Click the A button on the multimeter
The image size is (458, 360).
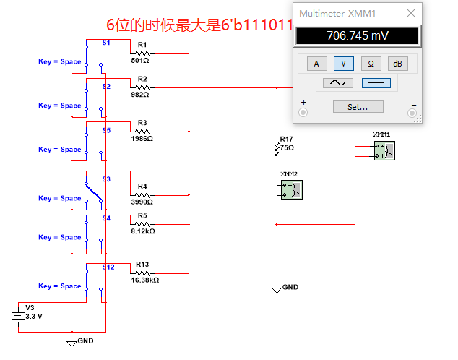click(316, 64)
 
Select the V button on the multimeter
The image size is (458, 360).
click(343, 64)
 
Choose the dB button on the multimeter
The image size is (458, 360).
click(397, 64)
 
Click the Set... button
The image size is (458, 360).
click(357, 106)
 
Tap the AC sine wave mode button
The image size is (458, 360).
click(337, 82)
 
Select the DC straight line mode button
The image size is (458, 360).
click(376, 82)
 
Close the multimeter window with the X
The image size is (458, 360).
click(411, 13)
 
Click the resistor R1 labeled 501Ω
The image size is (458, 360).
click(142, 53)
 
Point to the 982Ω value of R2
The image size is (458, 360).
click(140, 95)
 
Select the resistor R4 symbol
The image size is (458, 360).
click(142, 194)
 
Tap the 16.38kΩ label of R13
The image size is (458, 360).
click(144, 279)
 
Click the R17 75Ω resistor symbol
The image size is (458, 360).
click(277, 147)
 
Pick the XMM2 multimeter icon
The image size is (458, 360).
click(291, 189)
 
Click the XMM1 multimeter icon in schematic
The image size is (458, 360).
click(384, 150)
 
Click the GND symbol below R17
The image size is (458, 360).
click(277, 288)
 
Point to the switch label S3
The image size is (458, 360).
click(106, 179)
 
